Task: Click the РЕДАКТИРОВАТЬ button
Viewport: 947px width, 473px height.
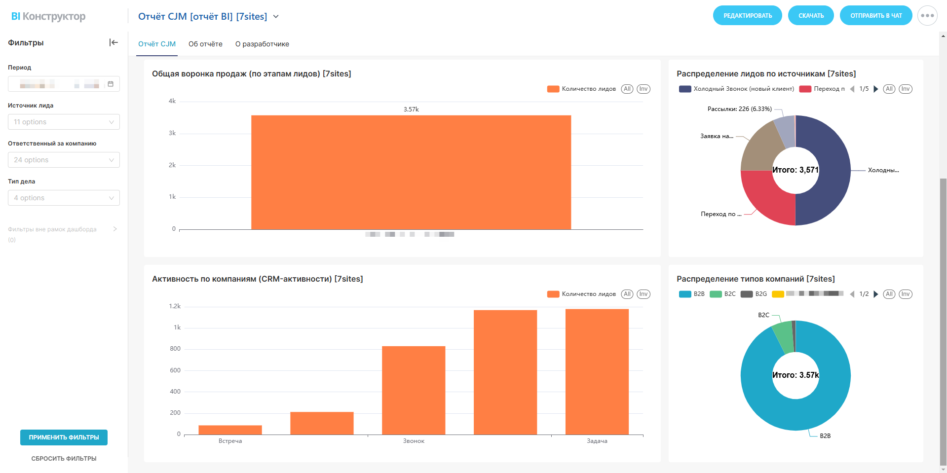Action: [x=747, y=16]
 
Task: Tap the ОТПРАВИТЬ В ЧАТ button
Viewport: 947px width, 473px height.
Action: [x=875, y=16]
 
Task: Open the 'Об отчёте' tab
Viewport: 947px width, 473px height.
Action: [x=205, y=44]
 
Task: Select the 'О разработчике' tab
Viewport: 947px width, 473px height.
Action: [x=262, y=44]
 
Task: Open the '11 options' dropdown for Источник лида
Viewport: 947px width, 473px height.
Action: [x=64, y=122]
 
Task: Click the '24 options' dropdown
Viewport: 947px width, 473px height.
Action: [x=64, y=160]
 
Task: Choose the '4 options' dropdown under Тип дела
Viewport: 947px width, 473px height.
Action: [x=64, y=198]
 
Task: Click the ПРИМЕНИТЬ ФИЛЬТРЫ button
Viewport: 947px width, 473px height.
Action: [x=64, y=437]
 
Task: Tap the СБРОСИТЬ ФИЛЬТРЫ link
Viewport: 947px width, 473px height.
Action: [x=64, y=459]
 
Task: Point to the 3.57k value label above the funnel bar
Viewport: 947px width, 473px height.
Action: [x=411, y=109]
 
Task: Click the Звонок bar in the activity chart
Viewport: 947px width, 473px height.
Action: [x=414, y=390]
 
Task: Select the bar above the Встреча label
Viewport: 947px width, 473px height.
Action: [x=230, y=430]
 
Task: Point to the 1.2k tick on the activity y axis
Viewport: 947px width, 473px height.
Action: [x=175, y=306]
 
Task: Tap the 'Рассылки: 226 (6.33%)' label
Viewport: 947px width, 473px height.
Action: [x=739, y=109]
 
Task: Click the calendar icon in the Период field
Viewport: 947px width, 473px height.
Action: [x=111, y=84]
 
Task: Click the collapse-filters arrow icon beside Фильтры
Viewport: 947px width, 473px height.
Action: [x=114, y=42]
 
